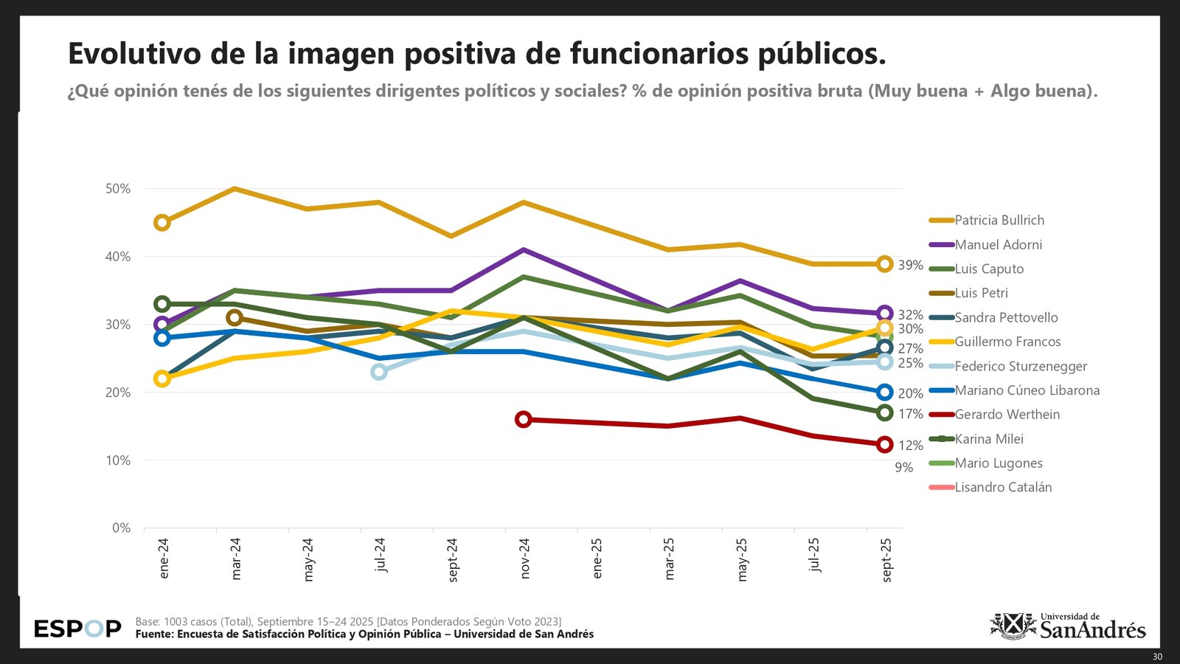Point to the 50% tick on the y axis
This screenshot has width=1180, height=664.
pos(118,189)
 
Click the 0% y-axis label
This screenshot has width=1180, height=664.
pos(121,528)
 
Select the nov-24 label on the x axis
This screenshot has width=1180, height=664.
pos(524,558)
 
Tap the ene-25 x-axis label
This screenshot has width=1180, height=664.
pos(597,558)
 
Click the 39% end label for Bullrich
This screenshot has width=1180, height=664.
pos(910,265)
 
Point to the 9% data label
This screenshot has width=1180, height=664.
pos(903,467)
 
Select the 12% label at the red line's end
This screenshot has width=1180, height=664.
pos(910,446)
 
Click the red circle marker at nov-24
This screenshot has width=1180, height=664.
pos(524,420)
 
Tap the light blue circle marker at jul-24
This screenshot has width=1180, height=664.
pos(378,372)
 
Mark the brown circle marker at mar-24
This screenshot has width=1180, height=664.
pos(235,318)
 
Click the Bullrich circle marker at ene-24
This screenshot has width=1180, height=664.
pos(162,223)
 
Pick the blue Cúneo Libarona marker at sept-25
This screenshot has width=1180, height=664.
pos(885,392)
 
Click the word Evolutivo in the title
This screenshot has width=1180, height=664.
pos(134,54)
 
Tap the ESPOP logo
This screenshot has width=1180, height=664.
pos(77,629)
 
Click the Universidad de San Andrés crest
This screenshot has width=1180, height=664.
pos(1013,626)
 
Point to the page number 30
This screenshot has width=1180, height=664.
pos(1157,657)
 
